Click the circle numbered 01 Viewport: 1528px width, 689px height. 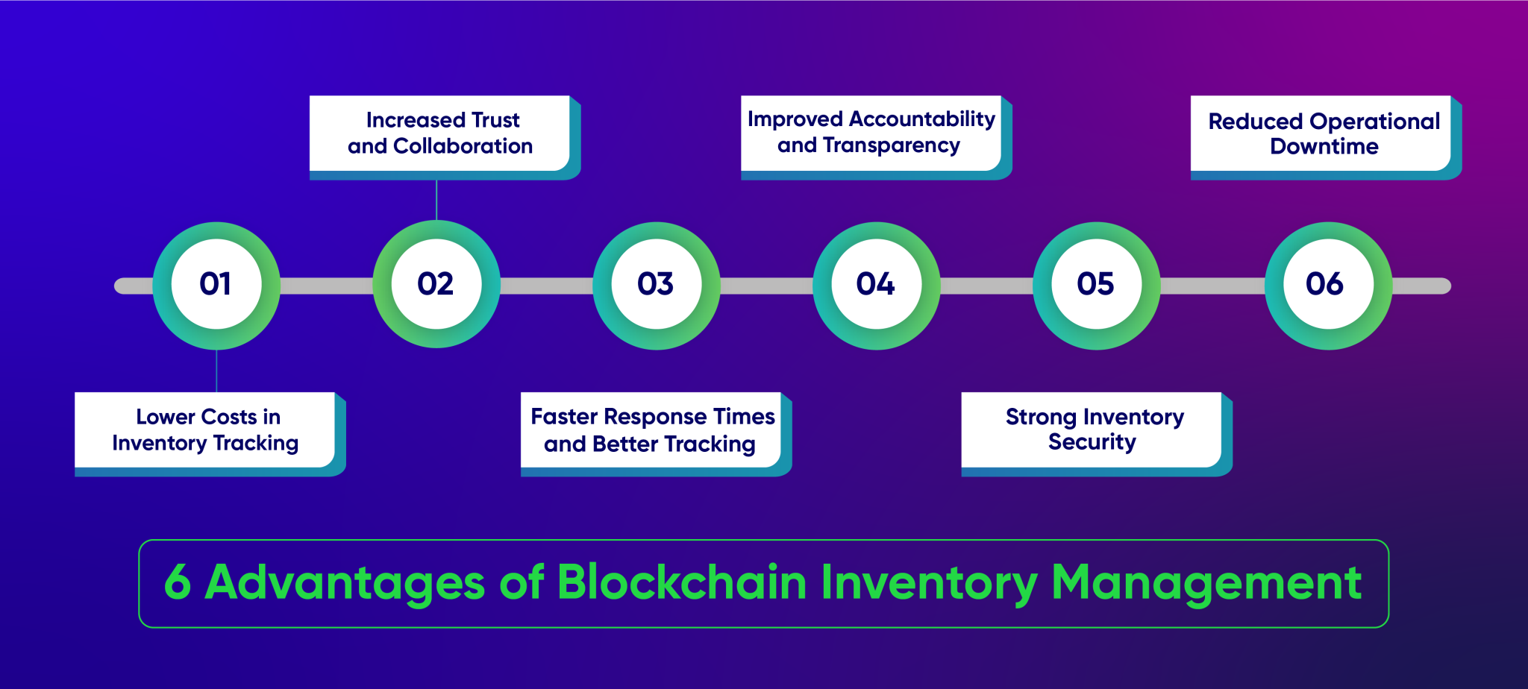[x=216, y=285]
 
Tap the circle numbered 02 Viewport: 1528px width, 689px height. [x=436, y=284]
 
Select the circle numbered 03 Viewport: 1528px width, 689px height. [x=657, y=285]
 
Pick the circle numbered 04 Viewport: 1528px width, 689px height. [x=877, y=285]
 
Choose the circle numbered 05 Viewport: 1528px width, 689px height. [x=1096, y=285]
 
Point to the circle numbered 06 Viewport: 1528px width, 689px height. [x=1328, y=285]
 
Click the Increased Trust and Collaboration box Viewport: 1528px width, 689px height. [x=440, y=133]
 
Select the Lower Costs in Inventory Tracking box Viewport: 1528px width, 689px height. [x=205, y=430]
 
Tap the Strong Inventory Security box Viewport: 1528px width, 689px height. [x=1092, y=430]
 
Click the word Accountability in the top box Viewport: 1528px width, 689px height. [x=922, y=119]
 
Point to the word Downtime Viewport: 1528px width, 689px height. [x=1324, y=147]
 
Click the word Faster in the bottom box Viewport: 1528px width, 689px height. [x=564, y=416]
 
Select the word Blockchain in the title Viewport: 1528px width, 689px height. [x=682, y=582]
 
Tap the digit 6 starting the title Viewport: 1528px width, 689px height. [x=178, y=582]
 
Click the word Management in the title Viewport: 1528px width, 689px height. [x=1206, y=582]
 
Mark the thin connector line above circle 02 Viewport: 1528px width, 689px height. [x=436, y=200]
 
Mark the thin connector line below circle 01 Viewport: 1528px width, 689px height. [x=216, y=371]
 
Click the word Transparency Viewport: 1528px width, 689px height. [x=891, y=145]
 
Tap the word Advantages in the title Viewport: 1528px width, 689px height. [x=345, y=582]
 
